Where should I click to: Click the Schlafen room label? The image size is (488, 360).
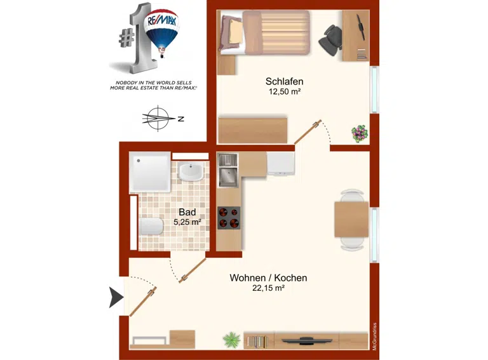coord(284,81)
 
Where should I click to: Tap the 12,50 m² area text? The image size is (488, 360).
coord(285,91)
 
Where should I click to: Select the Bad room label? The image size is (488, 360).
coord(187,212)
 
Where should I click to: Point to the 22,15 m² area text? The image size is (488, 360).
coord(268,288)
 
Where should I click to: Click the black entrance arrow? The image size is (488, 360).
coord(116,297)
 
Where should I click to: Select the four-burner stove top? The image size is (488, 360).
coord(229,218)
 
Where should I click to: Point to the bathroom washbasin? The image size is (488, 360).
coord(191,172)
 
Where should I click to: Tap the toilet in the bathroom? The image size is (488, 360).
coord(151,226)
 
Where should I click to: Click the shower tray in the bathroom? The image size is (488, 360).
coord(150,172)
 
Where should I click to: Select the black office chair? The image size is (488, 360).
coord(330,41)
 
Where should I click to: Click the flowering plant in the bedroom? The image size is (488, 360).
coord(360,133)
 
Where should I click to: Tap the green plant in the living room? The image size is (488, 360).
coord(232,340)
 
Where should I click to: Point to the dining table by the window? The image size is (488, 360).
coord(351,220)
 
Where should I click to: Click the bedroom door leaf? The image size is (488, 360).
coord(308,132)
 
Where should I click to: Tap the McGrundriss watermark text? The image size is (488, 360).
coord(375,337)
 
